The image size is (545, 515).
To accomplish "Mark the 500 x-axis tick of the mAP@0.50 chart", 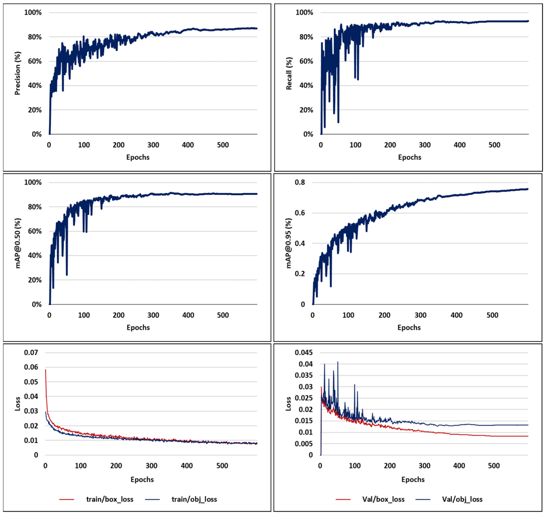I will click(223, 315).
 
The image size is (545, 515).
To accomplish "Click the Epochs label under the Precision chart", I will click(138, 157).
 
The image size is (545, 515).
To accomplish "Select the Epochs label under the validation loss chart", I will click(413, 479).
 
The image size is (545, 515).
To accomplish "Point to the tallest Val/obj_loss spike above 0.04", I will click(338, 362).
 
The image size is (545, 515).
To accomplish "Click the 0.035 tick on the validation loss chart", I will click(304, 375).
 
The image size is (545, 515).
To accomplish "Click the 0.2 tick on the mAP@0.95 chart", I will click(300, 274).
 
